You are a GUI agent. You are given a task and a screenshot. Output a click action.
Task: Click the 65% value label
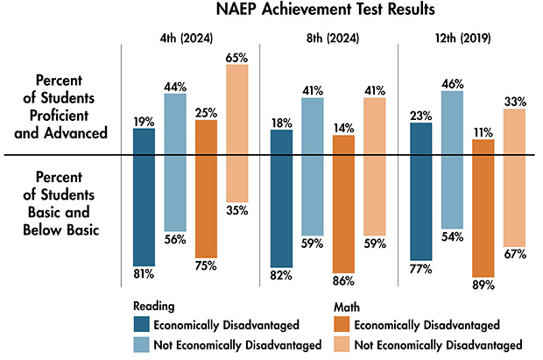(x=238, y=57)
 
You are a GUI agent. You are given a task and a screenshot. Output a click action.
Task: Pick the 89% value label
(x=483, y=285)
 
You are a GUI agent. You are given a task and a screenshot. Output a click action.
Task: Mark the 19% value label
(x=143, y=121)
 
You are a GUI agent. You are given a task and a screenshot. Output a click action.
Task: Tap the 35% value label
(x=238, y=210)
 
